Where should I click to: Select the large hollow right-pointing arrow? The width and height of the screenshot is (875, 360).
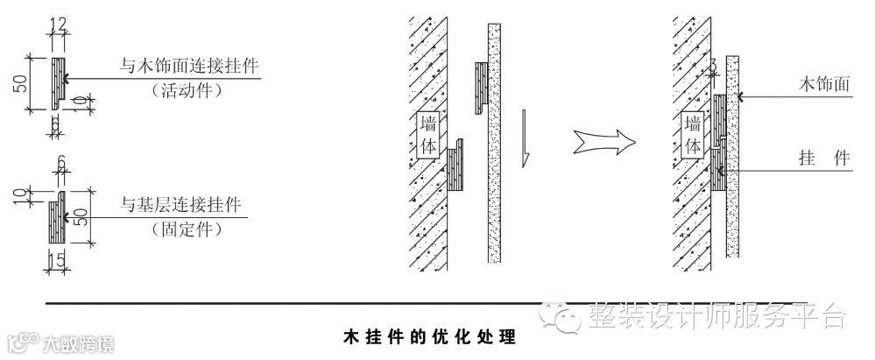602,139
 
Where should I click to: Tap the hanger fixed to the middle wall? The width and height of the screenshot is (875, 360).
456,169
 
